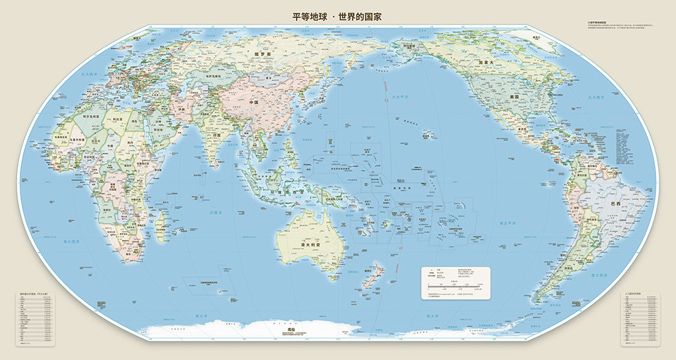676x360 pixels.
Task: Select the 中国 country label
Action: tap(253, 104)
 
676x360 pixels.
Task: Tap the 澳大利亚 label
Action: tap(310, 244)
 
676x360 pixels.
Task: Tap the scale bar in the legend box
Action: tap(456, 285)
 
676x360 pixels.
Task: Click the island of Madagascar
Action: tap(160, 225)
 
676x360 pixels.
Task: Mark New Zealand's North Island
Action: tap(376, 269)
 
